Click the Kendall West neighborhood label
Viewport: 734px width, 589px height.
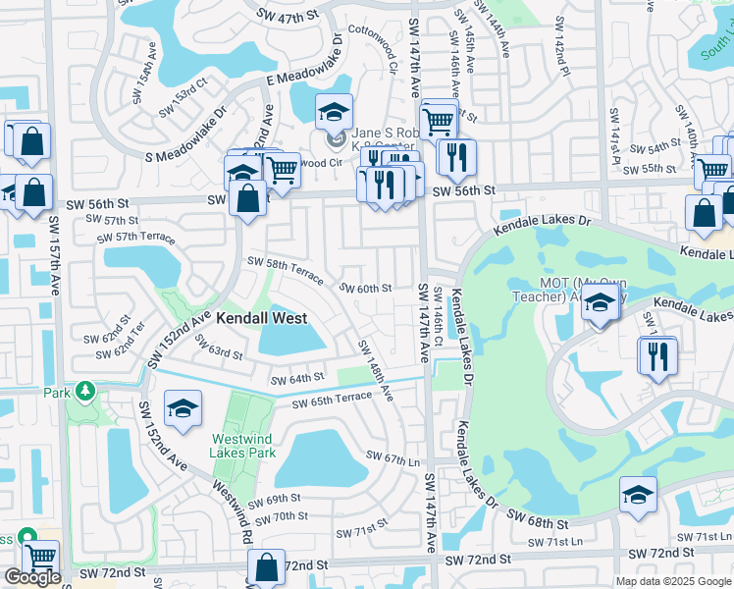pyautogui.click(x=261, y=318)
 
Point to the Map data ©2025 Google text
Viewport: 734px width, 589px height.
pyautogui.click(x=673, y=580)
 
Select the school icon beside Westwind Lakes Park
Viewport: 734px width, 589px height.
pyautogui.click(x=183, y=409)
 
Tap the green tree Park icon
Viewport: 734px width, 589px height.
pyautogui.click(x=84, y=392)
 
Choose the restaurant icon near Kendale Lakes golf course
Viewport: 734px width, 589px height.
pyautogui.click(x=657, y=354)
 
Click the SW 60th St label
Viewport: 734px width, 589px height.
pyautogui.click(x=366, y=289)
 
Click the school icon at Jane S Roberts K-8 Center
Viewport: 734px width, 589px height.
pyautogui.click(x=334, y=112)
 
